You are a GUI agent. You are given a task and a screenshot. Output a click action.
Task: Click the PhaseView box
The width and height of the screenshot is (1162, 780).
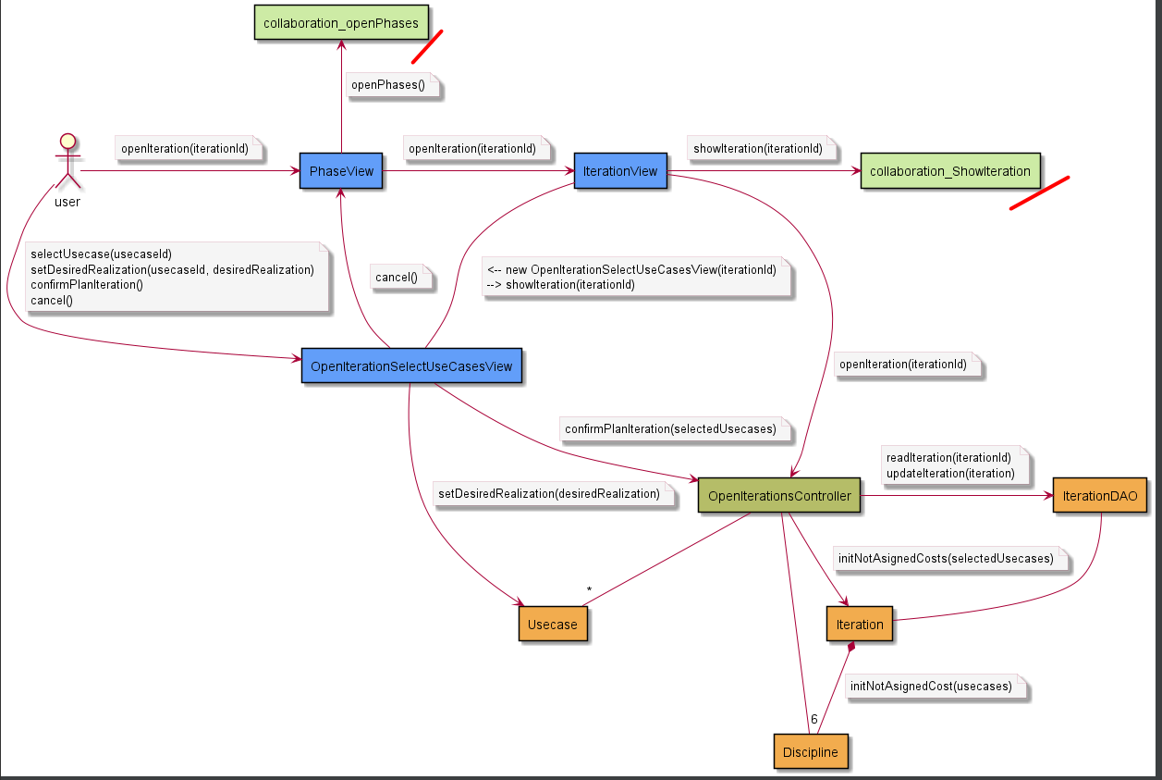tap(341, 171)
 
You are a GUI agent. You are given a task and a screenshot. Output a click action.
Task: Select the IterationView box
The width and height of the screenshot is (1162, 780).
tap(620, 171)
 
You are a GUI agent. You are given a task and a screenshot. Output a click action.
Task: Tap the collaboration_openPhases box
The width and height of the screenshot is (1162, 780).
tap(341, 23)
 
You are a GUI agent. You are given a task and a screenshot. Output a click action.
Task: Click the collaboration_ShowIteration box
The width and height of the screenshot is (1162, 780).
tap(950, 171)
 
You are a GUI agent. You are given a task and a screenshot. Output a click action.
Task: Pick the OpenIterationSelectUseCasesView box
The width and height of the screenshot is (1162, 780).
tap(411, 366)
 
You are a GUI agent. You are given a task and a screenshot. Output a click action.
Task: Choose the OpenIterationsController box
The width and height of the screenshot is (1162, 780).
tap(779, 496)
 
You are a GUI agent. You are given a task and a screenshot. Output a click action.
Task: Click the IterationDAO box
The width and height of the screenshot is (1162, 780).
tap(1099, 496)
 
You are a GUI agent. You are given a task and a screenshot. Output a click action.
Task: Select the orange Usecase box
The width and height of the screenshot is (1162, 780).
tap(552, 624)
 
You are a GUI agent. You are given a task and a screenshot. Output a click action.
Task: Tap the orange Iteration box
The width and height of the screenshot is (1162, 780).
tap(860, 624)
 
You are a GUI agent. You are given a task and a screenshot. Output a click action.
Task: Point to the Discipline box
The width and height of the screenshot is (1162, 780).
tap(810, 751)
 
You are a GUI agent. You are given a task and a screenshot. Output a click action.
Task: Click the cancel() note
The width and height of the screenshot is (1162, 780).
tap(397, 277)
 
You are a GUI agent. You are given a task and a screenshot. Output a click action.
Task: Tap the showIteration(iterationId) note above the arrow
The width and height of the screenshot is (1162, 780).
tap(758, 148)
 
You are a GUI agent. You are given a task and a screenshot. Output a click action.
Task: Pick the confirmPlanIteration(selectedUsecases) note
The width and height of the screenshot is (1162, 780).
tap(670, 428)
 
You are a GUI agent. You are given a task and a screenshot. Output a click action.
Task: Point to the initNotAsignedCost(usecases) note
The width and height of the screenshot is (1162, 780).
tap(930, 687)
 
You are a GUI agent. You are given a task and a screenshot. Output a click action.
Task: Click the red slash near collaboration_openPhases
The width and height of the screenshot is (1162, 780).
tap(427, 46)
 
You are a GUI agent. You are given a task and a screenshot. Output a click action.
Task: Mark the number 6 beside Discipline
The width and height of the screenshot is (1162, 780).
tap(814, 719)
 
